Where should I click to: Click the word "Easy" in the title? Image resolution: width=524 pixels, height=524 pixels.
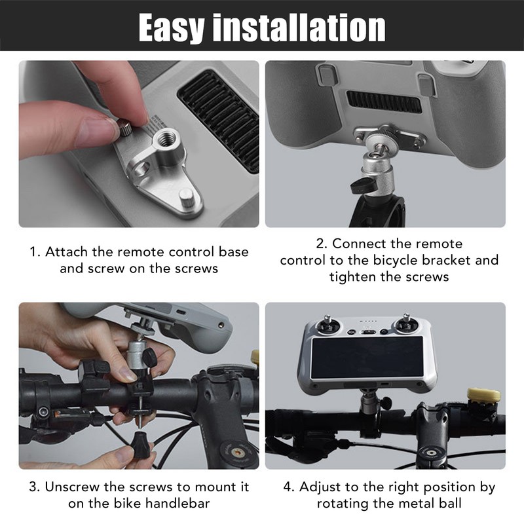(170, 28)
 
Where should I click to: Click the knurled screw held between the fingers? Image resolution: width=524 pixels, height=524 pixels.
(126, 128)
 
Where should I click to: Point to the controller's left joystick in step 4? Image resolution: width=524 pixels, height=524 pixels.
(327, 326)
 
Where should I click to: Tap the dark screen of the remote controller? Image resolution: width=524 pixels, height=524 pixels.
(367, 358)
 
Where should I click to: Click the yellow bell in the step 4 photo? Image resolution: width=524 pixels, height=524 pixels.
(483, 394)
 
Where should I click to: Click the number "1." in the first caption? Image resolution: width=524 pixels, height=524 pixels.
(35, 252)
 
